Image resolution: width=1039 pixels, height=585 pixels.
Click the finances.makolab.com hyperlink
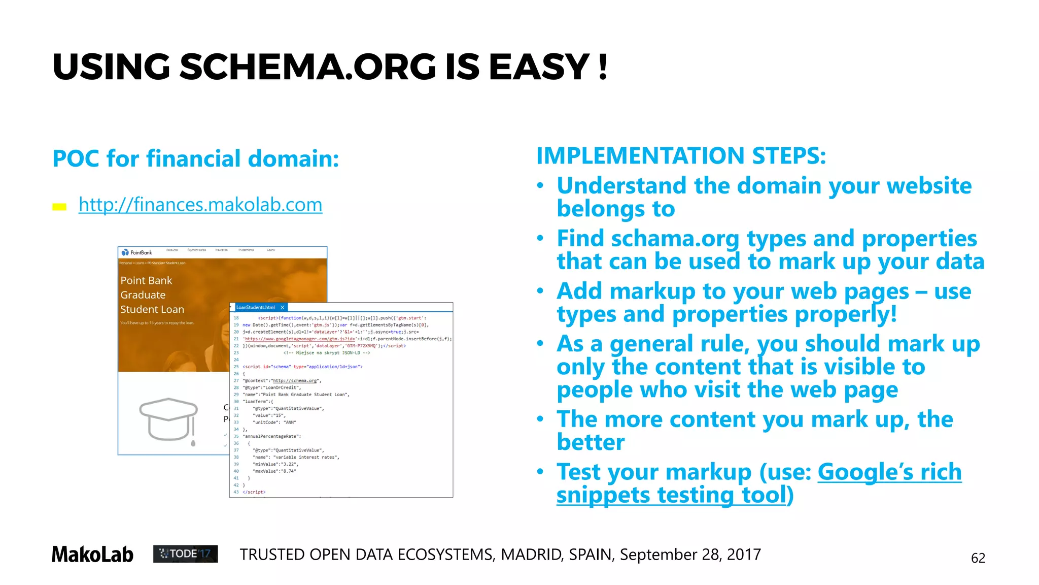[x=200, y=205]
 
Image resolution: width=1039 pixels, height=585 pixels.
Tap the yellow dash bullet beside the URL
[x=59, y=207]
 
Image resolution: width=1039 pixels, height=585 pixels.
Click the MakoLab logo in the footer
[x=92, y=555]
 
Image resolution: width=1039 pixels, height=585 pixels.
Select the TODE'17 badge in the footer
[x=185, y=554]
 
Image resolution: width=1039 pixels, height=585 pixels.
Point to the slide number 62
[x=978, y=558]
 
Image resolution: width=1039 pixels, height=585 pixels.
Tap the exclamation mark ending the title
[x=603, y=67]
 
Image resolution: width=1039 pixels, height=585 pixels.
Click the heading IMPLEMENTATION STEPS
[x=681, y=155]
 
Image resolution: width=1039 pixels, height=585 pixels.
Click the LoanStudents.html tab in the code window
[x=256, y=307]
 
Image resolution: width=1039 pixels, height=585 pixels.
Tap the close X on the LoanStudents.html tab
[x=283, y=307]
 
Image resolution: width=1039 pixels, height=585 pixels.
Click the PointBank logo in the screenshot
[x=137, y=252]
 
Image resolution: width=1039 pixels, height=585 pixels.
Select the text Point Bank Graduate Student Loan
[x=152, y=295]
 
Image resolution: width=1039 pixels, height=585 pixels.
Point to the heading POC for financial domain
[x=196, y=158]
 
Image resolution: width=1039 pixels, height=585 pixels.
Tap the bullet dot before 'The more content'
[x=540, y=419]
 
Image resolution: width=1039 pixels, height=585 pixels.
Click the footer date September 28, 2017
[x=690, y=555]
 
